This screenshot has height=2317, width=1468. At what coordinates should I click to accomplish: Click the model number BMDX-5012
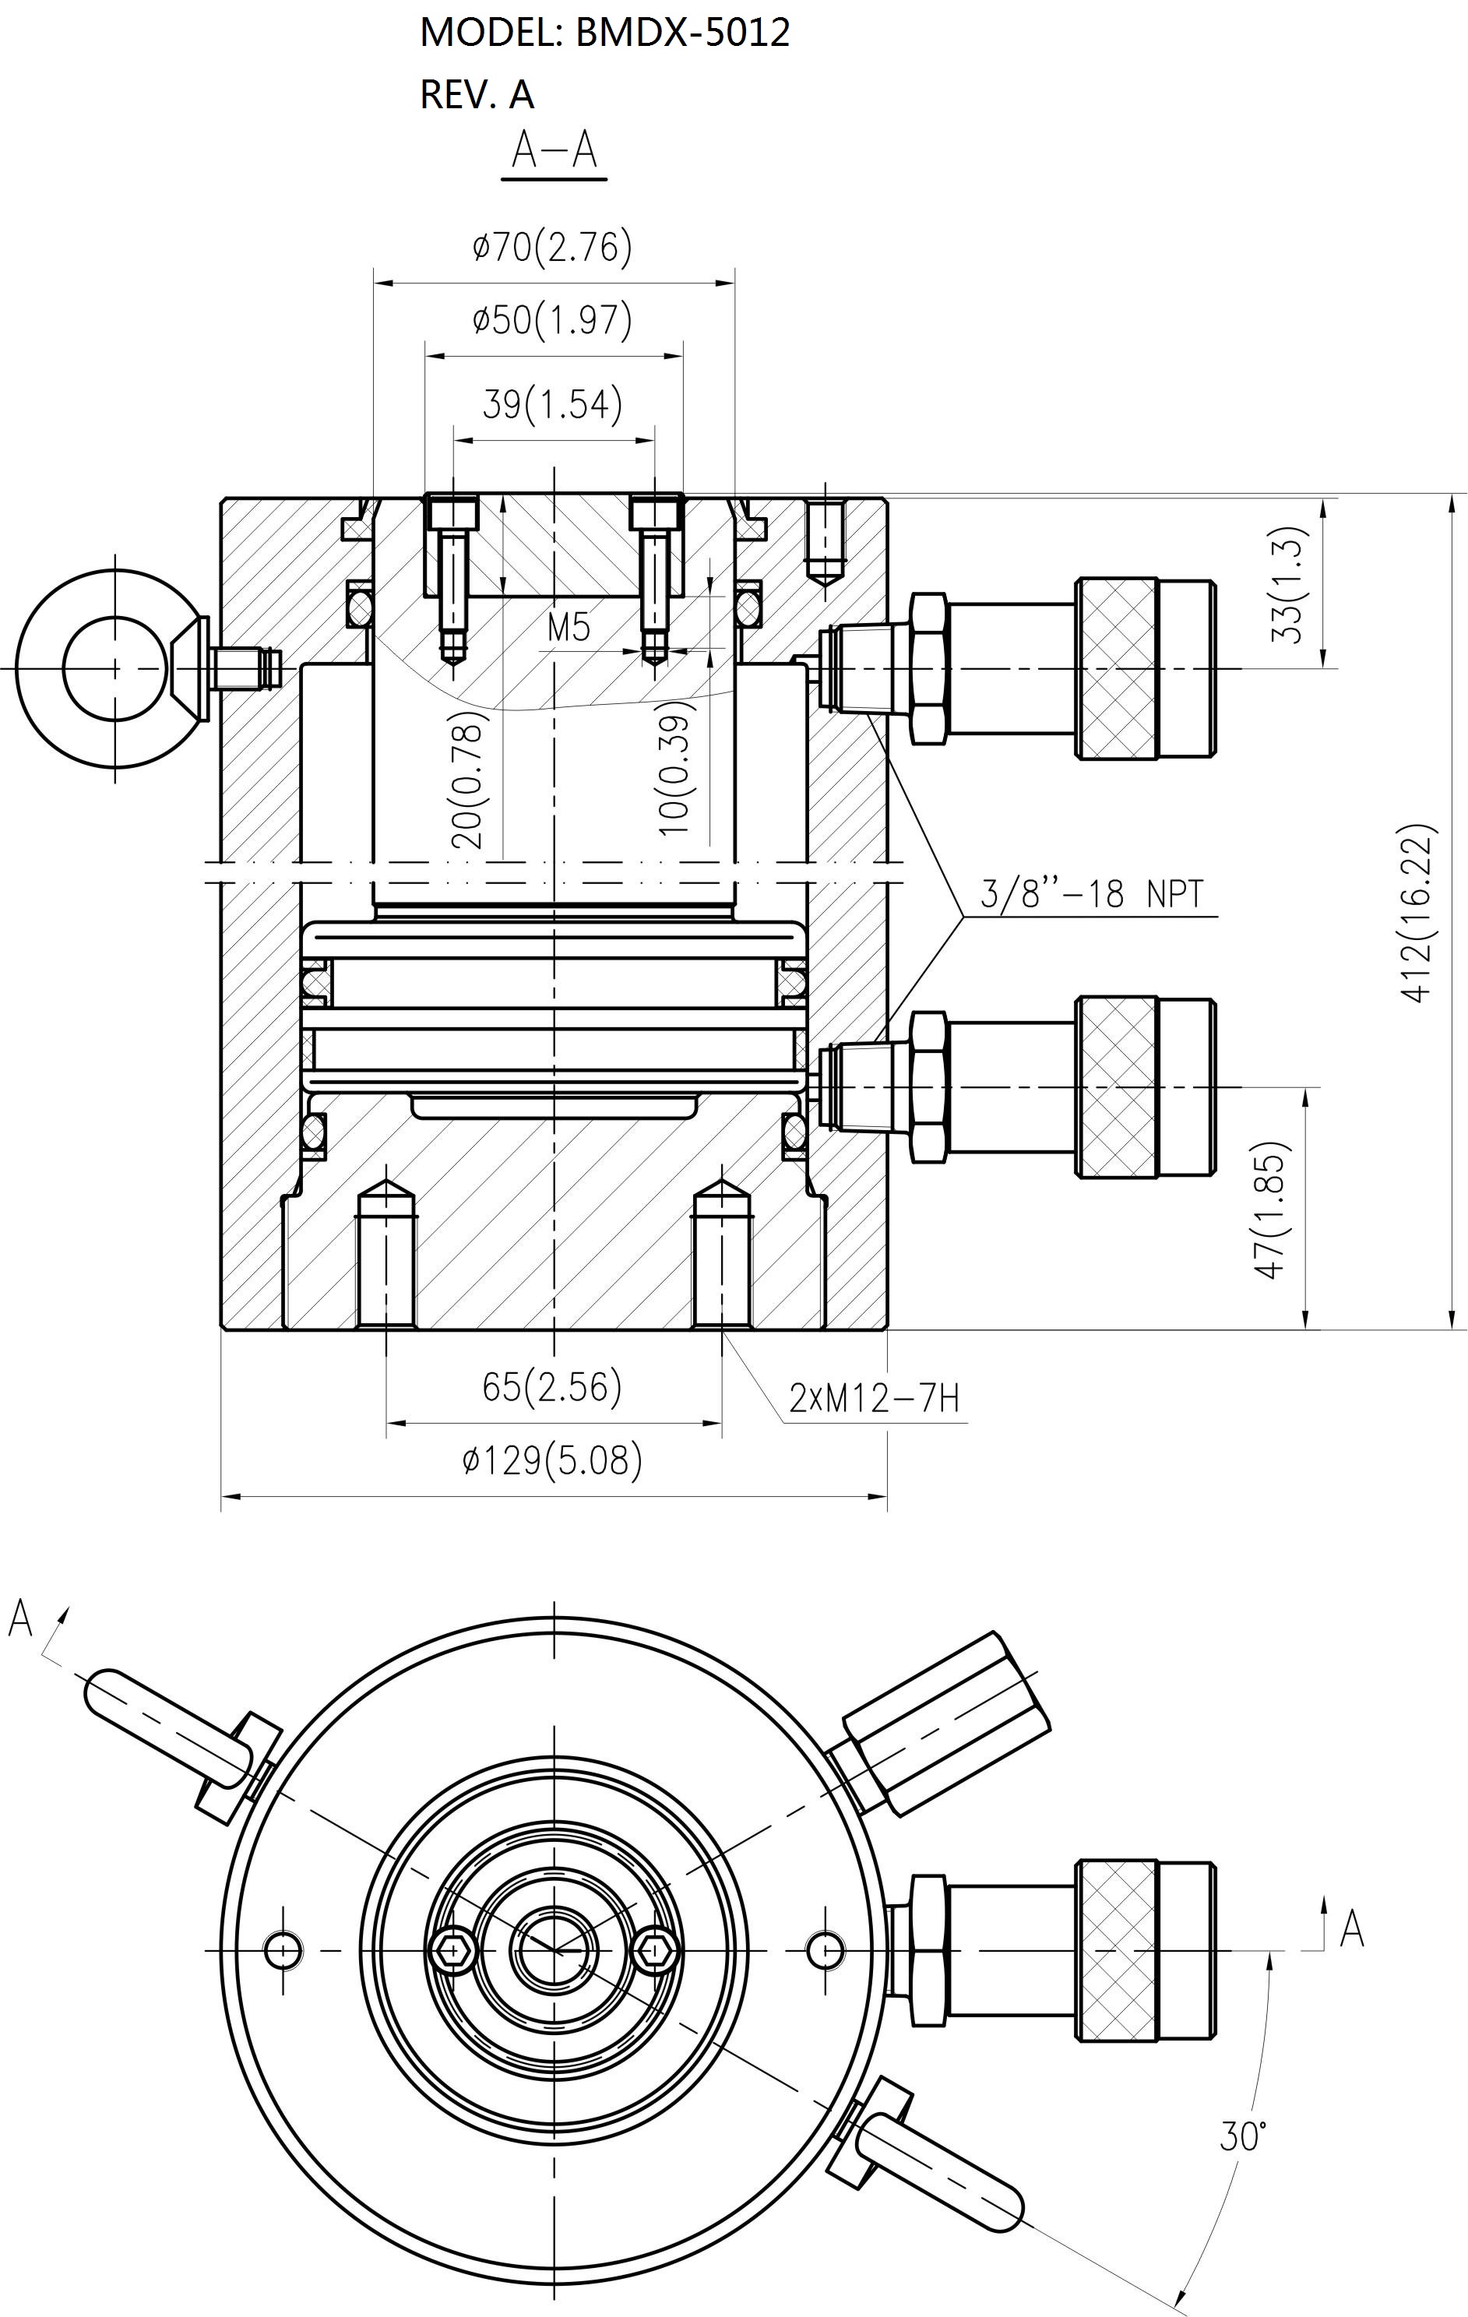click(x=682, y=33)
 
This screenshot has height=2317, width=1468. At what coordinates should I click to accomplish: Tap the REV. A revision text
click(x=477, y=94)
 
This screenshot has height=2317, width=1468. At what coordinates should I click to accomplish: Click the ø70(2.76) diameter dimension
click(x=552, y=248)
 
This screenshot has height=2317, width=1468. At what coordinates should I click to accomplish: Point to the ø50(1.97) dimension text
click(x=552, y=319)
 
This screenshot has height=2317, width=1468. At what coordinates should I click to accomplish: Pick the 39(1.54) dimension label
click(x=552, y=403)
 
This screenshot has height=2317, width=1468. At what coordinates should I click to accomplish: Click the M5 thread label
click(x=569, y=628)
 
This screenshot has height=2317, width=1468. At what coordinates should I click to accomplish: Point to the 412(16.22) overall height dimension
click(x=1417, y=913)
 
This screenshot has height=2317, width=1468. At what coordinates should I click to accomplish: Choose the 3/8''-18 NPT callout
click(x=1091, y=894)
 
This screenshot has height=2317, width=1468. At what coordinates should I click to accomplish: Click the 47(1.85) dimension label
click(x=1271, y=1210)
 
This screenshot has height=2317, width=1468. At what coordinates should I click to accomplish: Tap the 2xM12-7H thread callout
click(x=875, y=1397)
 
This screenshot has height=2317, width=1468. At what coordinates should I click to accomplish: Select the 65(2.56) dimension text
click(x=552, y=1386)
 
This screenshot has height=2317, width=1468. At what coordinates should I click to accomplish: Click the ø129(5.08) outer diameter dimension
click(x=552, y=1460)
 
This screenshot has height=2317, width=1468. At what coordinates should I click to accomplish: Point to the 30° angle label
click(x=1243, y=2137)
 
